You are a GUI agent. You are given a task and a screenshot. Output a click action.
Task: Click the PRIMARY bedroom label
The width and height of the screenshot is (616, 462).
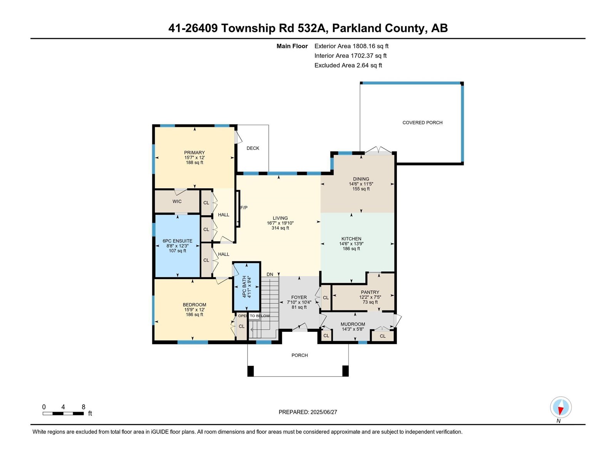tap(194, 152)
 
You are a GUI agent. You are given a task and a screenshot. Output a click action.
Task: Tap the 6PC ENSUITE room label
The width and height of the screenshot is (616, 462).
tap(177, 241)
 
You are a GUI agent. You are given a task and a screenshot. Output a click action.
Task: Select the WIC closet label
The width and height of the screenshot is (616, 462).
tap(177, 201)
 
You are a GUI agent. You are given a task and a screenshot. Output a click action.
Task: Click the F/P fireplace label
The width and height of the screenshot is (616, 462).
tap(244, 208)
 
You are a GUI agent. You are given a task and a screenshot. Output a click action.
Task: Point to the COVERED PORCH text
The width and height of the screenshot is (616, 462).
tap(422, 123)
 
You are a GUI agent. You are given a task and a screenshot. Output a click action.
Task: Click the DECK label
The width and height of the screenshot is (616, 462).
tap(253, 148)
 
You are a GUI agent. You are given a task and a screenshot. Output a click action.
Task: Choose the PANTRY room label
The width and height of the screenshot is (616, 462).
tap(370, 292)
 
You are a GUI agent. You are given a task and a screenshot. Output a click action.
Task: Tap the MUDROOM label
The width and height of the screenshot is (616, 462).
tap(353, 324)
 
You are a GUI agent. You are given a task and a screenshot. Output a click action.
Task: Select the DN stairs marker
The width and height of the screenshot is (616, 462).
tap(270, 275)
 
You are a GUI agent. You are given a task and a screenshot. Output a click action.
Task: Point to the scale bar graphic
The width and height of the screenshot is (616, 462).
tap(63, 413)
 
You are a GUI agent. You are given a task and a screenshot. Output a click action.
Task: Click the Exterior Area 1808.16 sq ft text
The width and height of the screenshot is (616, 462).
tap(351, 46)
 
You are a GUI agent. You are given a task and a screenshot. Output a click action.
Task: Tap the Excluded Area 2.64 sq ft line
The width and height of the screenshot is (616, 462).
tap(348, 65)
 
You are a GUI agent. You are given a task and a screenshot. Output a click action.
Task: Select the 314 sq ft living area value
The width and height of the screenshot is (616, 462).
tap(280, 228)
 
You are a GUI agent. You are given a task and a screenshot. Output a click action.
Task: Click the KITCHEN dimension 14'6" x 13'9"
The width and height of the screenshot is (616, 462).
tap(351, 244)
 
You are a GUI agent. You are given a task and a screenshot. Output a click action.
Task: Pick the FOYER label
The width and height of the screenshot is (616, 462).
tap(299, 297)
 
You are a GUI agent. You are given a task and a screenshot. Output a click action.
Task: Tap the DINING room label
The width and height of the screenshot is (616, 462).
tap(361, 179)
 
